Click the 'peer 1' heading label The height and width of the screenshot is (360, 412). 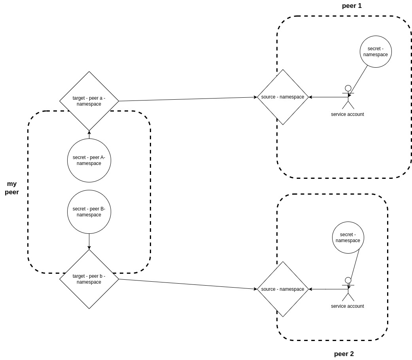click(352, 6)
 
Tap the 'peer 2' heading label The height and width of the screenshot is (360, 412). click(344, 354)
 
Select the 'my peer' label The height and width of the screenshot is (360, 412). click(12, 188)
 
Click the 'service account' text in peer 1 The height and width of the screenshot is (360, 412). click(347, 114)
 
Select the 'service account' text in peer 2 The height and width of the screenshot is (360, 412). click(347, 306)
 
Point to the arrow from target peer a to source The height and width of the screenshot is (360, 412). click(188, 99)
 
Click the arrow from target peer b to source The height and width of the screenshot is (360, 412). click(188, 284)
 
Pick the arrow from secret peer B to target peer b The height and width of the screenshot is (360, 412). click(89, 241)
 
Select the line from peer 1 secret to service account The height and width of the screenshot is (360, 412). click(359, 80)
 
